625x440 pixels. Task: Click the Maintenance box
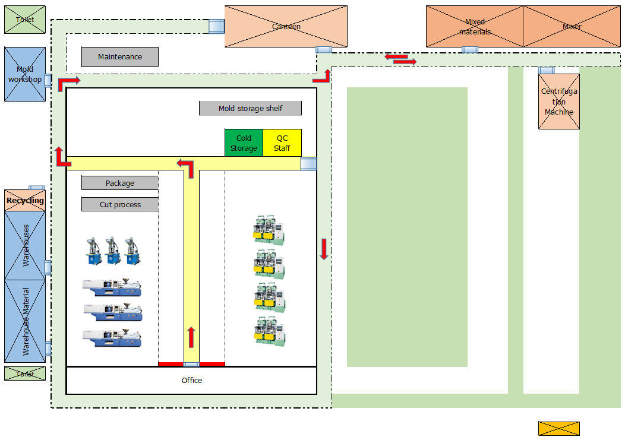[x=120, y=57]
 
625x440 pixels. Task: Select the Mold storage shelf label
[x=250, y=109]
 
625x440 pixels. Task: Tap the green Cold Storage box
[x=244, y=143]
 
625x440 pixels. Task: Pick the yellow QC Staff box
[x=282, y=143]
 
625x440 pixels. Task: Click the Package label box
[x=120, y=183]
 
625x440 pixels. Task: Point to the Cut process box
[x=120, y=205]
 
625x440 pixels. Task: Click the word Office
[x=191, y=381]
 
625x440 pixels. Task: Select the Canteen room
[x=286, y=27]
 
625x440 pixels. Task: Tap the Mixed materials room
[x=475, y=27]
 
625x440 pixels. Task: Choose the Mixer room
[x=572, y=27]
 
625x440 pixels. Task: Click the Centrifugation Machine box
[x=559, y=102]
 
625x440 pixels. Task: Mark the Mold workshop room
[x=25, y=74]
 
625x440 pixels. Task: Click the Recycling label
[x=25, y=201]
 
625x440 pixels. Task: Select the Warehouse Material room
[x=25, y=321]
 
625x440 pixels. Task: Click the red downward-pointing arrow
[x=324, y=249]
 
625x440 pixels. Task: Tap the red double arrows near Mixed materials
[x=400, y=59]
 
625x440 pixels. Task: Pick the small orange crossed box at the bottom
[x=558, y=429]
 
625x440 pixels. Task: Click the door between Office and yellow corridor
[x=191, y=364]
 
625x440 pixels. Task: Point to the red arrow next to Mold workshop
[x=68, y=83]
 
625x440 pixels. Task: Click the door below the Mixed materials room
[x=470, y=50]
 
